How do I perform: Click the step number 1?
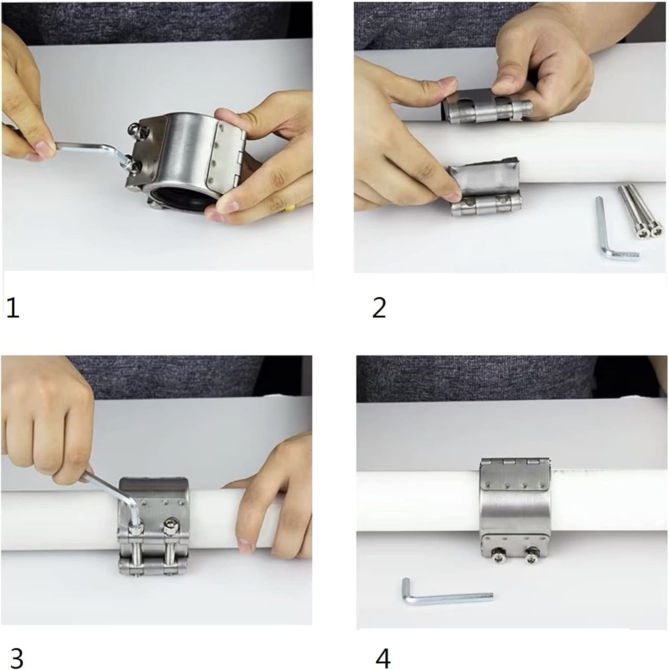(x=13, y=308)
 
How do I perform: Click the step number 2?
(x=379, y=308)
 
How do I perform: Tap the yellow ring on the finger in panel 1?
(x=291, y=206)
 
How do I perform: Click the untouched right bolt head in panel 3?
(x=170, y=528)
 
